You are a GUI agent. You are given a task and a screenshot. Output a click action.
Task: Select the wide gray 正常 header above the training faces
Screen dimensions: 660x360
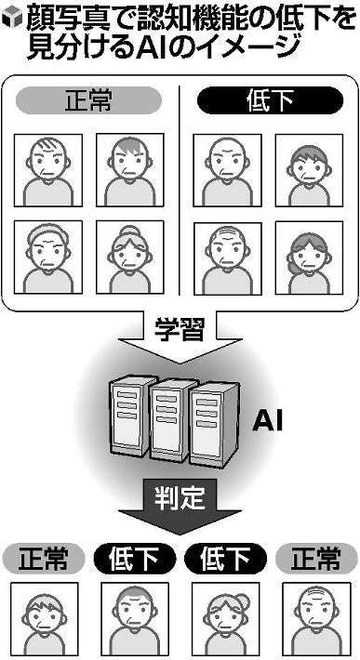(x=88, y=99)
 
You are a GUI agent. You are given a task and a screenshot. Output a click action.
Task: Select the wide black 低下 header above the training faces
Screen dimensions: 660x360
(x=270, y=99)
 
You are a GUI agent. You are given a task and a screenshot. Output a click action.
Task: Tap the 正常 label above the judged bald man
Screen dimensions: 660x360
(x=315, y=559)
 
